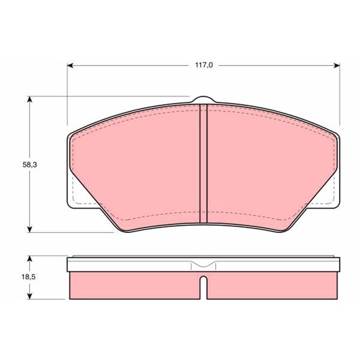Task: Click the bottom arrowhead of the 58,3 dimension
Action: pos(29,229)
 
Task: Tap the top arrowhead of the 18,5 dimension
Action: pos(29,259)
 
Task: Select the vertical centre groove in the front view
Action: pos(203,162)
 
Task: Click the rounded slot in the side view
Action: pos(203,286)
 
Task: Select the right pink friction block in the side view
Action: pos(270,285)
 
